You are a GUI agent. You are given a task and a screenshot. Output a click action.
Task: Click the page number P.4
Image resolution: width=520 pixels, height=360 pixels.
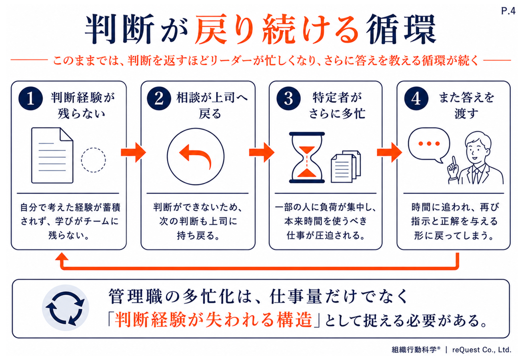tap(508, 11)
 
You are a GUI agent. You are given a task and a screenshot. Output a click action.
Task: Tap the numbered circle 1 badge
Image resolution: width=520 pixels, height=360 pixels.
tap(31, 98)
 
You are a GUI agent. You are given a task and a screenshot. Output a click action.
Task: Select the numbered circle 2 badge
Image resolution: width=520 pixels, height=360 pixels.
tap(159, 98)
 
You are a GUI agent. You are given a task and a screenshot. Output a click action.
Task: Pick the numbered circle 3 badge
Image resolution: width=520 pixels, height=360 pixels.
tap(288, 98)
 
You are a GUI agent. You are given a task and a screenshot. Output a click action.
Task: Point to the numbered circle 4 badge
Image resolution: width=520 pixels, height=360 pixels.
tap(416, 98)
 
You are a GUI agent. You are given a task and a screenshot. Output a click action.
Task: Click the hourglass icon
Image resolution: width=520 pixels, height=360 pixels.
tap(307, 158)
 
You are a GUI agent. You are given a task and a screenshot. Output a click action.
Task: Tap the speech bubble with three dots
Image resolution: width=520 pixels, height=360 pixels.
tap(429, 145)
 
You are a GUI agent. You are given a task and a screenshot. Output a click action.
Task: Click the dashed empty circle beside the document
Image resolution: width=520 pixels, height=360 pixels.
tap(93, 160)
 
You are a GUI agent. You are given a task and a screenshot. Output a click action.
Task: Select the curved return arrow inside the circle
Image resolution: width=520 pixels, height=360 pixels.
tap(196, 156)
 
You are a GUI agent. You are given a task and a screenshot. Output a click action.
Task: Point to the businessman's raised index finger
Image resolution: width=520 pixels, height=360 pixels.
tap(454, 161)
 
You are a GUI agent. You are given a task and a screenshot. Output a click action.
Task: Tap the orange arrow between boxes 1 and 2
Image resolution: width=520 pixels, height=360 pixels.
tap(133, 152)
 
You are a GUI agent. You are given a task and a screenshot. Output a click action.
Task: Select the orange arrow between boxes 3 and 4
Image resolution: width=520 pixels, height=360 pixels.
tap(389, 152)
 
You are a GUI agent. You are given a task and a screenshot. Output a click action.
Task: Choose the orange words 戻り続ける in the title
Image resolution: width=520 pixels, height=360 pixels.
tap(276, 29)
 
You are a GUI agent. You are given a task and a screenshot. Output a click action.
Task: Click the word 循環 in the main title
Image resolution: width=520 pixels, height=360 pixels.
tap(401, 29)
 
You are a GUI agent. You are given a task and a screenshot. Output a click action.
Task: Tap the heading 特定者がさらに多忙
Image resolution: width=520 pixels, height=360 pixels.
tap(337, 106)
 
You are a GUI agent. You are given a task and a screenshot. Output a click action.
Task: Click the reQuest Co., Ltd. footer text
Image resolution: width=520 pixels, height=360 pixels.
tap(482, 350)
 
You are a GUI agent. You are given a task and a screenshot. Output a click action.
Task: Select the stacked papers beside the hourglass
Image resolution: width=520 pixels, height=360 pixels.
tap(346, 166)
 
